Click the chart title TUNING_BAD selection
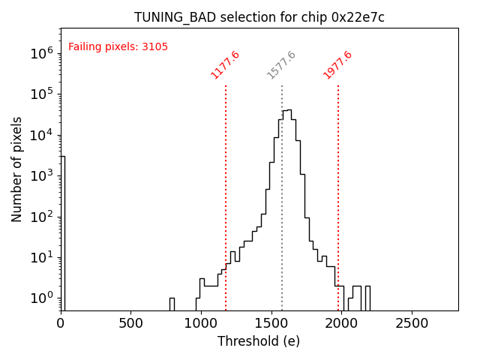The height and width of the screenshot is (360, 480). click(x=259, y=17)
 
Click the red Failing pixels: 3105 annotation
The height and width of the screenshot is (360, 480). click(x=118, y=47)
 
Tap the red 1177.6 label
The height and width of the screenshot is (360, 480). click(x=225, y=64)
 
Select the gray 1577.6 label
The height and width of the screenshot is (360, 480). click(x=281, y=64)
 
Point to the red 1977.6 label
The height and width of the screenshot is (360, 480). click(x=337, y=64)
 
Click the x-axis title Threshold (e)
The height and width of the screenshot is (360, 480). click(x=259, y=341)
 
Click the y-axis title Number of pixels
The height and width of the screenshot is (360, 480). click(x=17, y=169)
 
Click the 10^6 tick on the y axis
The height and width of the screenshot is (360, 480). click(x=41, y=53)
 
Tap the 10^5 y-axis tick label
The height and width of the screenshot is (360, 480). click(x=41, y=94)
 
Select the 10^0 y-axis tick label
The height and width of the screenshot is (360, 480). click(x=41, y=298)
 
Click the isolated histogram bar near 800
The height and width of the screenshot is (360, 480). click(x=172, y=304)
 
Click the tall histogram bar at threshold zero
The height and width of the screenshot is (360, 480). click(x=62, y=232)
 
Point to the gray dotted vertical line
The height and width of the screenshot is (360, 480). click(x=282, y=225)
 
